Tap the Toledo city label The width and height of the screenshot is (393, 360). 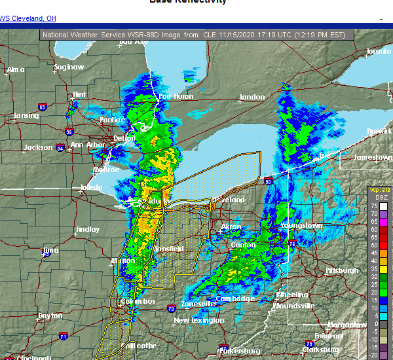[x=91, y=187]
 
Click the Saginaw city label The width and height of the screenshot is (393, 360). [x=69, y=67]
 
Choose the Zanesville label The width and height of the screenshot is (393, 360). [x=198, y=303]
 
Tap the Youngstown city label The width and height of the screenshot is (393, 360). [x=301, y=225]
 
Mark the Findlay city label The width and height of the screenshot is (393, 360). [x=88, y=230]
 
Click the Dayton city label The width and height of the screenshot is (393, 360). [x=50, y=315]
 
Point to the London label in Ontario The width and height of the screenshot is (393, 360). [x=252, y=98]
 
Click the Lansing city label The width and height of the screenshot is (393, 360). [x=26, y=116]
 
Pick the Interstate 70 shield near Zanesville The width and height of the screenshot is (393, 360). [x=170, y=307]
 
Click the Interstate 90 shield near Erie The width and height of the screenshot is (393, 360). [x=268, y=181]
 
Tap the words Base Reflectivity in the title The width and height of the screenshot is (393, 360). [x=188, y=2]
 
